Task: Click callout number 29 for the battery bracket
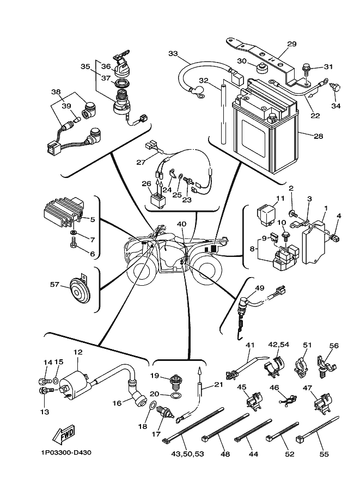click(291, 44)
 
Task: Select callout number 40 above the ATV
click(181, 224)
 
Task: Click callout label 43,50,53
click(187, 453)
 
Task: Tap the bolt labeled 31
click(307, 70)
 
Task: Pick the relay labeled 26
click(156, 198)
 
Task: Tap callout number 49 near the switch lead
click(259, 288)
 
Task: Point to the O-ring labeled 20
click(175, 394)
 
